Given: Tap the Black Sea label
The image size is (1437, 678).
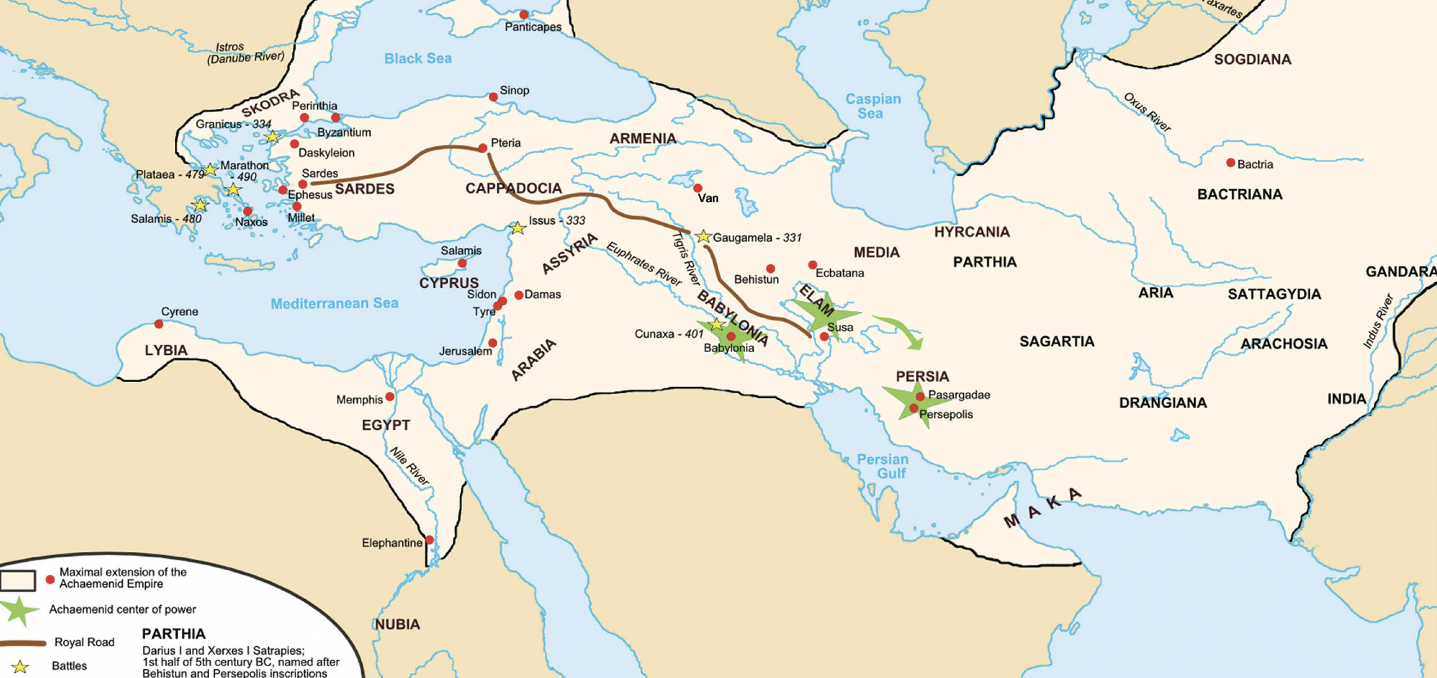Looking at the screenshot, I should [418, 58].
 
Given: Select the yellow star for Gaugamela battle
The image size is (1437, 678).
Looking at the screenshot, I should [704, 237].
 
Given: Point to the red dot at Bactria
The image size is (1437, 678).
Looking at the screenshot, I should [1230, 163].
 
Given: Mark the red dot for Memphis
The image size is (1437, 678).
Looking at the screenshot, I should [390, 397].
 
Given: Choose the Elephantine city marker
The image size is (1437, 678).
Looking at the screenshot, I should [429, 540].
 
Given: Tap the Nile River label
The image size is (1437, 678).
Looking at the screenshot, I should [410, 466].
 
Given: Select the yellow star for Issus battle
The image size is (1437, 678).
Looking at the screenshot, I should [518, 228].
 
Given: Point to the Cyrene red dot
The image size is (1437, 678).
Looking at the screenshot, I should [159, 323].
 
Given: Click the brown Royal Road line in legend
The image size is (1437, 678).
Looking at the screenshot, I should [23, 644].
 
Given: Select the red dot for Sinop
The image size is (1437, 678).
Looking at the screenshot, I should [493, 97].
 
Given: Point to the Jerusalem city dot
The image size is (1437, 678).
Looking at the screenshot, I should [492, 343].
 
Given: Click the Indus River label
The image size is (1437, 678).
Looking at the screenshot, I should [1378, 322].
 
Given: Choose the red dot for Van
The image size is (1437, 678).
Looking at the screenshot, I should [697, 188].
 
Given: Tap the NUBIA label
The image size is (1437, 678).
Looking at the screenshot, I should [397, 624].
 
